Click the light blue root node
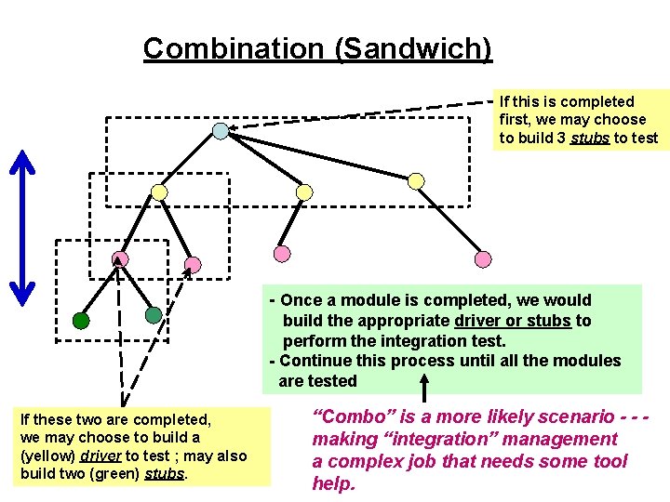[220, 131]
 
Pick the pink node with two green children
[120, 258]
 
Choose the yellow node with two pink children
[160, 192]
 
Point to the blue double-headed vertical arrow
[21, 227]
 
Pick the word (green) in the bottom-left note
[127, 474]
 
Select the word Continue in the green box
[317, 361]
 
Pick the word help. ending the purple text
[333, 483]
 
